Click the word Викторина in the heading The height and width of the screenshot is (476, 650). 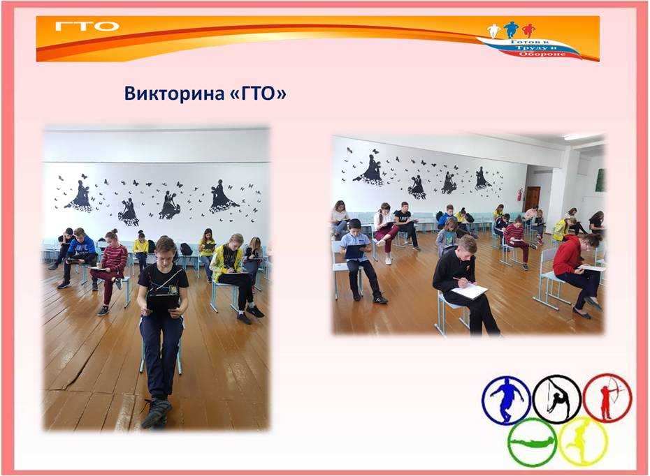[x=174, y=94]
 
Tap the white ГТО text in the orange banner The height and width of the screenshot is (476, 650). [x=87, y=27]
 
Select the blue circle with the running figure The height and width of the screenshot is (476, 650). [x=506, y=400]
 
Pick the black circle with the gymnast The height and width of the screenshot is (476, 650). [x=557, y=399]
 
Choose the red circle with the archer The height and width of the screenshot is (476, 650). [x=607, y=398]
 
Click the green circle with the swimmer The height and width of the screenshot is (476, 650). [x=533, y=442]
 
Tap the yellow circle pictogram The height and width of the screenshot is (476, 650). [x=584, y=440]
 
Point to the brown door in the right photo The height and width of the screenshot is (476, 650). [x=533, y=199]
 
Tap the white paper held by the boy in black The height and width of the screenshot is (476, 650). [x=469, y=291]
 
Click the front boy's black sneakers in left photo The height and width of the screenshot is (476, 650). [x=156, y=412]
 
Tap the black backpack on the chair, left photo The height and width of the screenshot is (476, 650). [x=186, y=249]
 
